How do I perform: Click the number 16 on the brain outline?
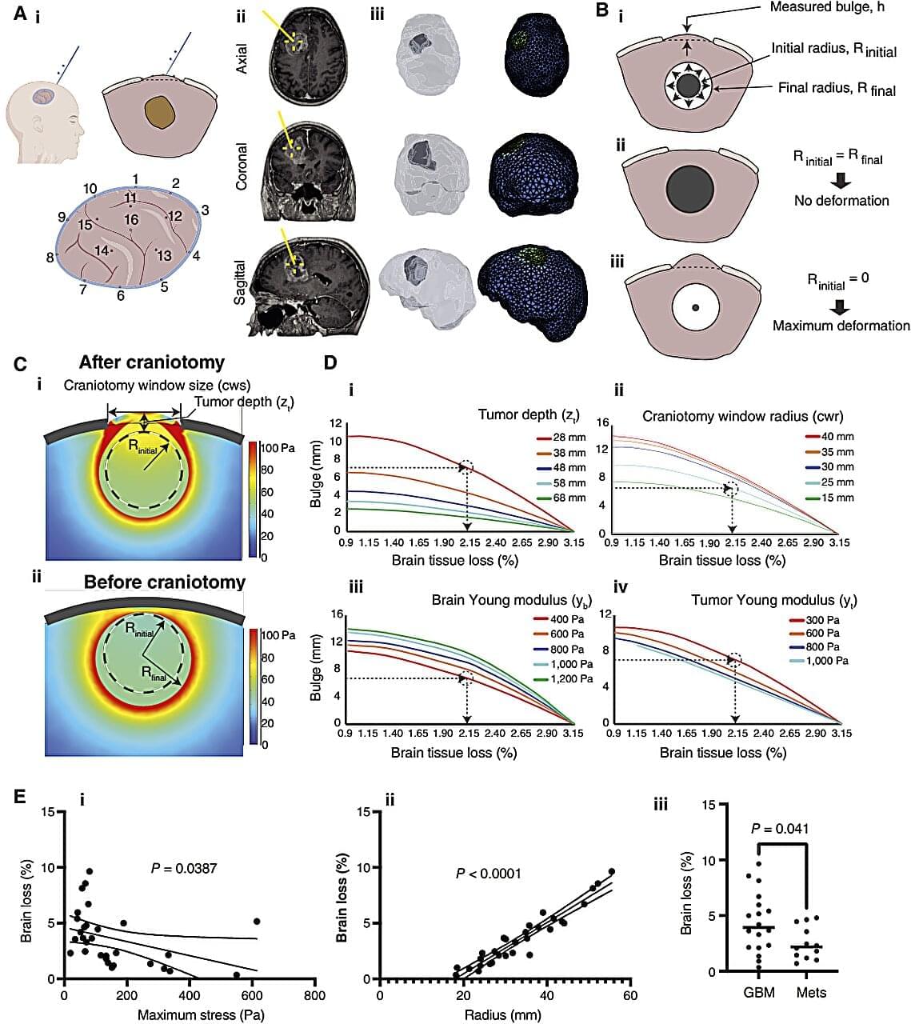point(131,219)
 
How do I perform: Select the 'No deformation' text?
point(841,200)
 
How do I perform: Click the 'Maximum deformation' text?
point(841,326)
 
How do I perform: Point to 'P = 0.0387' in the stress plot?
point(184,868)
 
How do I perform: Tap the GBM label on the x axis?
point(752,992)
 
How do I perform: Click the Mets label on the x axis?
point(811,992)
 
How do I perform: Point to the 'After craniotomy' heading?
point(151,362)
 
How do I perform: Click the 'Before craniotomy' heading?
point(164,582)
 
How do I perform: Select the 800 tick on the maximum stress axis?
point(314,996)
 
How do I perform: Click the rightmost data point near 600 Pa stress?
point(257,922)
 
